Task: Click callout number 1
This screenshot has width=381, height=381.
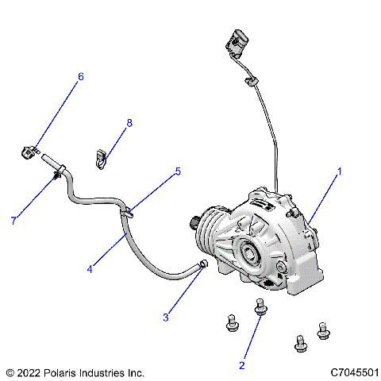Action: point(340,171)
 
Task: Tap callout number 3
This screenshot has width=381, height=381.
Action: point(165,317)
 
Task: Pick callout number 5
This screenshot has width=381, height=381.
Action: point(178,171)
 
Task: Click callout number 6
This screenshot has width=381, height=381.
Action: point(80,77)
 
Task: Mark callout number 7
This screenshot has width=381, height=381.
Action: point(13,221)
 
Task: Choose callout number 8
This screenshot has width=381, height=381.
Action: point(129,123)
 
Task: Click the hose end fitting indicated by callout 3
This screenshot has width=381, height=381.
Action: point(204,263)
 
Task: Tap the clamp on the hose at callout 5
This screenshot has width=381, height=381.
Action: point(127,211)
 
